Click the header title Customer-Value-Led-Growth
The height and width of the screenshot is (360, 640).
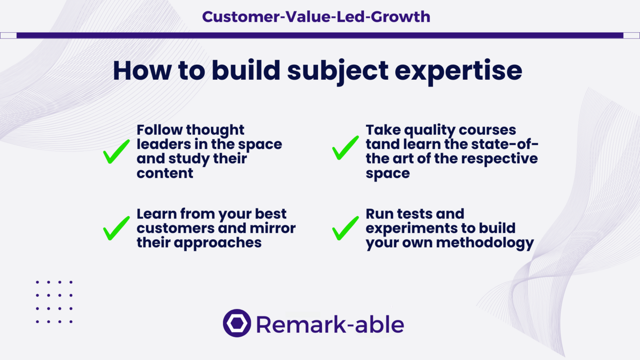click(x=316, y=16)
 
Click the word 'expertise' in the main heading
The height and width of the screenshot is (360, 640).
click(x=458, y=71)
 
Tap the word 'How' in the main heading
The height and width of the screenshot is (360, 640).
click(x=142, y=70)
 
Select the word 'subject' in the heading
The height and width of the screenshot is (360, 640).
click(x=337, y=71)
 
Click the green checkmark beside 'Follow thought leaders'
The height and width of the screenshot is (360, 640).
click(x=116, y=152)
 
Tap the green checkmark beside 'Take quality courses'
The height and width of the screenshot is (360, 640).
click(x=345, y=148)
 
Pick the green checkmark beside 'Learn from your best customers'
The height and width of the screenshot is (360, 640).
click(x=116, y=228)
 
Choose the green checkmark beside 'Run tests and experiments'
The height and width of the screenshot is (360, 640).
click(x=345, y=228)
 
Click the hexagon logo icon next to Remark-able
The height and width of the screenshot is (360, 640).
click(x=237, y=323)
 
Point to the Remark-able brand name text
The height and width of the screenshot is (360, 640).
click(x=330, y=324)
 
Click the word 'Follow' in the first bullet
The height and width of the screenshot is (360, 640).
click(x=160, y=130)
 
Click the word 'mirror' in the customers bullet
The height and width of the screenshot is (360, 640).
click(x=272, y=228)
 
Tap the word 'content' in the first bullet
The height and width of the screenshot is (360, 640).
click(x=165, y=173)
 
